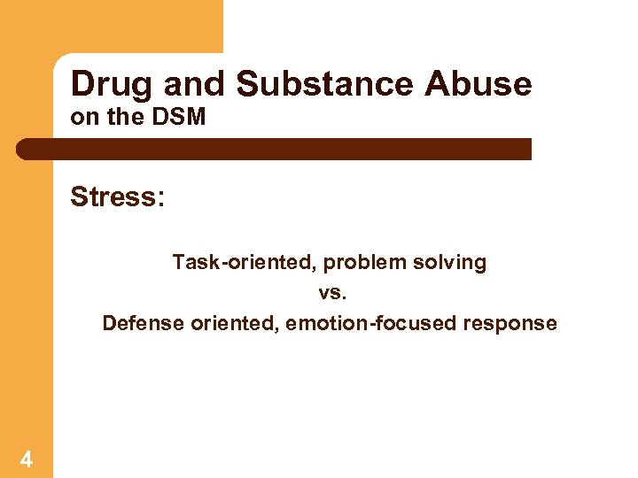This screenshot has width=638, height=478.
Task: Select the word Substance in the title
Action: pyautogui.click(x=325, y=84)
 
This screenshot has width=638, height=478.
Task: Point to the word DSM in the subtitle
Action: pyautogui.click(x=181, y=117)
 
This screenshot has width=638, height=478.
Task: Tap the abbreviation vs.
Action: pyautogui.click(x=330, y=293)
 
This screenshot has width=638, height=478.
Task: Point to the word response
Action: pyautogui.click(x=510, y=323)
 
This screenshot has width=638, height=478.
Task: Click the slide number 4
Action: pyautogui.click(x=27, y=459)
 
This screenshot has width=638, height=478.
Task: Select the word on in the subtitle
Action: pyautogui.click(x=82, y=117)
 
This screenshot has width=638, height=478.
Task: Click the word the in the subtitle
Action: pyautogui.click(x=119, y=117)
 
